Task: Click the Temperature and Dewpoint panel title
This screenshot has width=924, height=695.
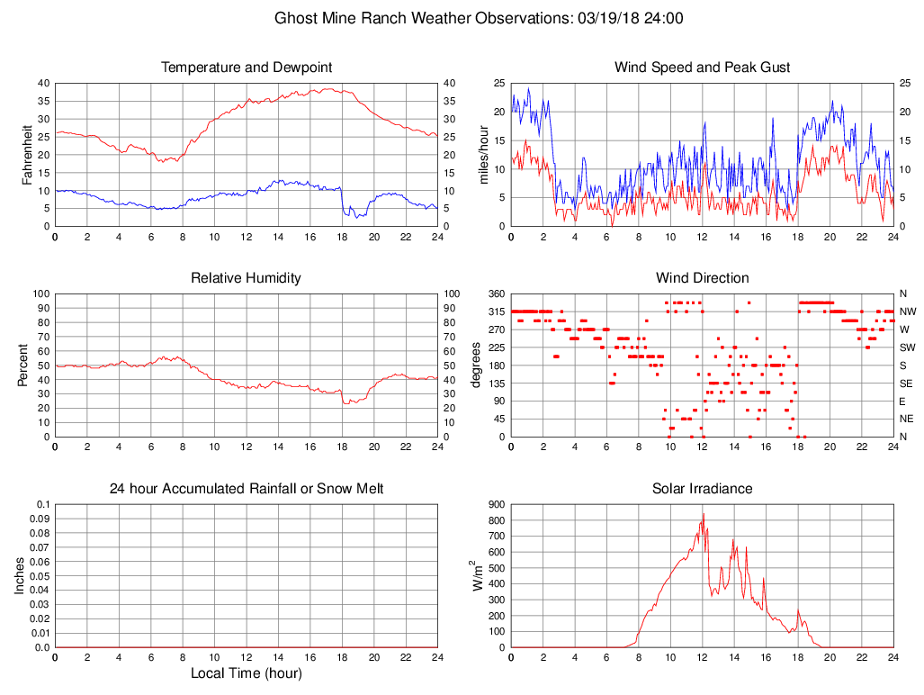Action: coord(247,68)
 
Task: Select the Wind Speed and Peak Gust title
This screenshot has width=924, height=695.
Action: coord(702,68)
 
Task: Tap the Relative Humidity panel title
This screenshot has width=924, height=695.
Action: coord(246,278)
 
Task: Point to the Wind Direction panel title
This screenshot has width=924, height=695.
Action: coord(702,278)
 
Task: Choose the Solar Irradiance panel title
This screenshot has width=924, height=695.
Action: coord(702,489)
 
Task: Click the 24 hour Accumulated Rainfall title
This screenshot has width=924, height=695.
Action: coord(247,489)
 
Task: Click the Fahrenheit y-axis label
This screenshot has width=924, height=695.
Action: coord(28,154)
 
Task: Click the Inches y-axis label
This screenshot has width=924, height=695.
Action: coord(20,575)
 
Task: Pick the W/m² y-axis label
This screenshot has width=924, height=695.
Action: coord(478,575)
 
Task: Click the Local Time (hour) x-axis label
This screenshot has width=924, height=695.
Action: coord(247,673)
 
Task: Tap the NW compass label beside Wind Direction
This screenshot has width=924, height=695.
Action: coord(907,311)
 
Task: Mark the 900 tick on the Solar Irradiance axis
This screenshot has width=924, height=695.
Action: coord(497,504)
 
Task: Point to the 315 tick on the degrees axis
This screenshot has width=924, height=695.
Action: coord(495,311)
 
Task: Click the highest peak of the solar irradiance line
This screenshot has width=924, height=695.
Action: coord(703,514)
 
